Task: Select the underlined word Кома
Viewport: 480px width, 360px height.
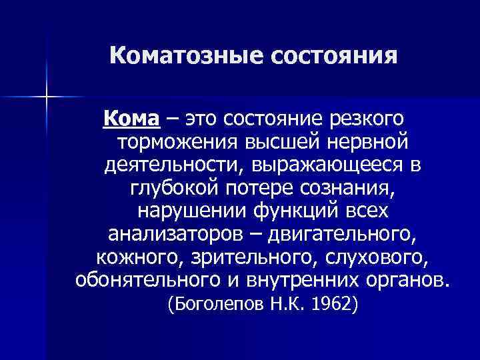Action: [131, 119]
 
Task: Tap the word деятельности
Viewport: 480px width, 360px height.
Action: [169, 165]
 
